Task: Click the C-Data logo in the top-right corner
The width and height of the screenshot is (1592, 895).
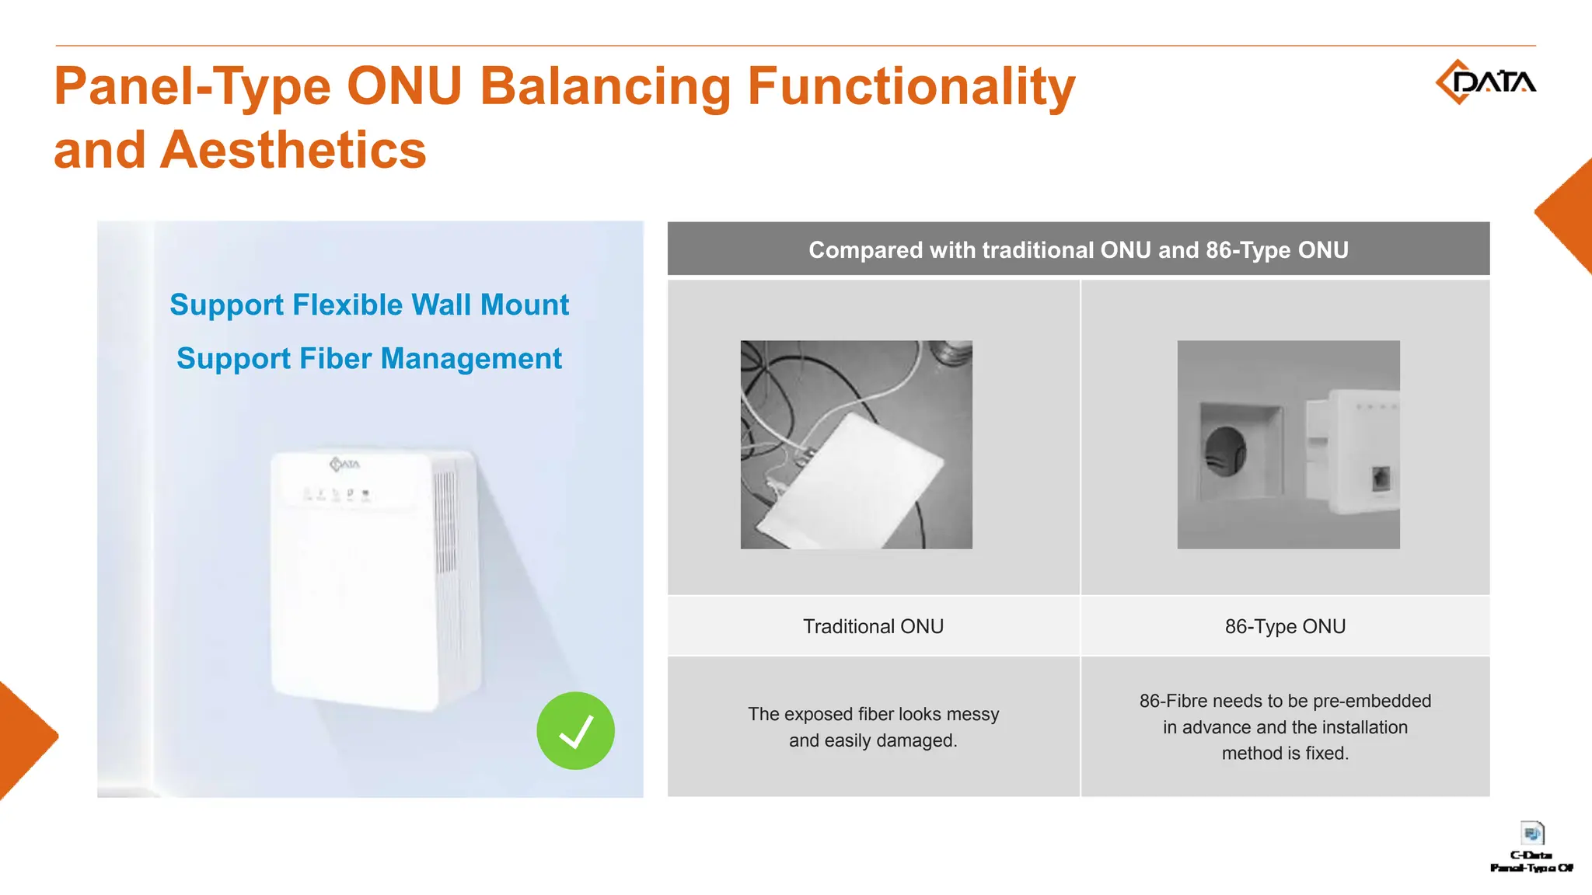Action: tap(1485, 82)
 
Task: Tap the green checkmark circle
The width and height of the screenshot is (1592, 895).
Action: tap(575, 730)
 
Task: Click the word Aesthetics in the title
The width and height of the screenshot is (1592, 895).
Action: tap(293, 150)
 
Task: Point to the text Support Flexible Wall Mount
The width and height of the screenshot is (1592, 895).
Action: tap(369, 305)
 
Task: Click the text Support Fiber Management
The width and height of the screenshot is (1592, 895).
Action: tap(369, 358)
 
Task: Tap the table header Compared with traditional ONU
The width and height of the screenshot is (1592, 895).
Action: tap(1078, 249)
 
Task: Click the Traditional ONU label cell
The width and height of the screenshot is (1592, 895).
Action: tap(873, 626)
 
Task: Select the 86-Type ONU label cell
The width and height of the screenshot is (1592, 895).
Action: tap(1285, 626)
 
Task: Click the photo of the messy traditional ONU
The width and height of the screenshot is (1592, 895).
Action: tap(856, 444)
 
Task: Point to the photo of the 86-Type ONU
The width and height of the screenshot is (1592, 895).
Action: tap(1288, 444)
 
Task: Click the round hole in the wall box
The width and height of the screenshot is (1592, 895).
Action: tap(1225, 451)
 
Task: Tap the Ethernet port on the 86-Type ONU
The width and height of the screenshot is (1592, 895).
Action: tap(1381, 477)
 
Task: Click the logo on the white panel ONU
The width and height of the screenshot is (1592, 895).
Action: tap(345, 464)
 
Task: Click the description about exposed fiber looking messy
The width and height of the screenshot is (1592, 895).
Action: tap(873, 726)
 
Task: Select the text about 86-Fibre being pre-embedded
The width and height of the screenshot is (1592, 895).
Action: tap(1285, 726)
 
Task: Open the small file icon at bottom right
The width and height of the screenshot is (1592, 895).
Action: tap(1532, 834)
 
